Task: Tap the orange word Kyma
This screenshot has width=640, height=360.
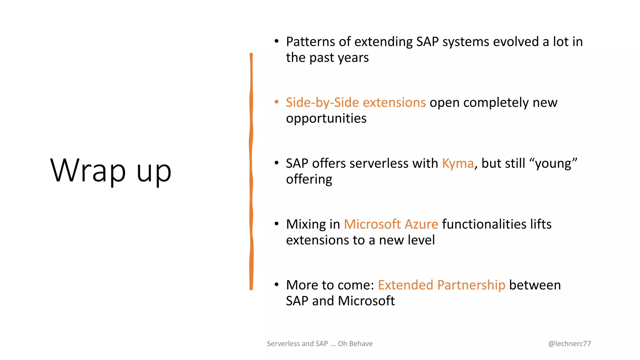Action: tap(458, 163)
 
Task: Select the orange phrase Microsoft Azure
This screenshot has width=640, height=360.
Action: tap(391, 224)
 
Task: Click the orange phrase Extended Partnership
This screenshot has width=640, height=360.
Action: tap(441, 285)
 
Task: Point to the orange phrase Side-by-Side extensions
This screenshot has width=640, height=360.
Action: tap(356, 102)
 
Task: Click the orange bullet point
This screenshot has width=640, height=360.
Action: tap(276, 102)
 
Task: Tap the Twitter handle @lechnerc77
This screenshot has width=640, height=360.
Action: tap(569, 343)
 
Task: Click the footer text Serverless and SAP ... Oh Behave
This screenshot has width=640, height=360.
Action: tap(319, 343)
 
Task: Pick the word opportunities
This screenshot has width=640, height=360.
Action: tap(326, 118)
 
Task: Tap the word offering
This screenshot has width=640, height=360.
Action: tap(309, 179)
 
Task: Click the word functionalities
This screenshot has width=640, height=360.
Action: tap(484, 224)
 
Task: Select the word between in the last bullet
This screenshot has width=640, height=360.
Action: tap(535, 285)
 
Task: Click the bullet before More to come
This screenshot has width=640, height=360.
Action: tap(276, 285)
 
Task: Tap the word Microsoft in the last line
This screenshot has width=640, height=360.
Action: tap(366, 301)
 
